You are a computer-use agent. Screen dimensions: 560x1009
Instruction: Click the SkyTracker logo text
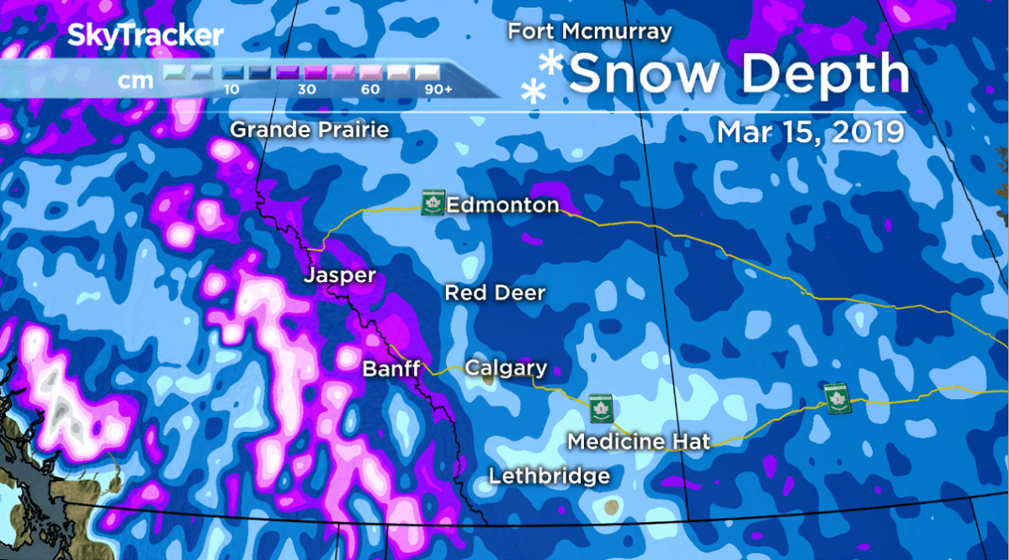(x=145, y=36)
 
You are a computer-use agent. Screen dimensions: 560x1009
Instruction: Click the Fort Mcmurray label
(x=589, y=32)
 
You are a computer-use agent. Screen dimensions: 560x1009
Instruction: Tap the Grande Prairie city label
(x=310, y=130)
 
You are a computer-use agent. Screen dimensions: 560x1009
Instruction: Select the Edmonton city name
(x=502, y=205)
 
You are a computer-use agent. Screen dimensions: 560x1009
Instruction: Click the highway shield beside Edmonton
(x=433, y=203)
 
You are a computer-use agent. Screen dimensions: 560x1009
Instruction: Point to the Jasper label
(x=339, y=276)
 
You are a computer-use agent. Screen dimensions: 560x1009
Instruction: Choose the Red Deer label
(x=495, y=293)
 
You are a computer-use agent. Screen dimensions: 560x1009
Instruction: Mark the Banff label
(x=390, y=369)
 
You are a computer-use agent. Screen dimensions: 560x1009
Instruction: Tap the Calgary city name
(x=506, y=368)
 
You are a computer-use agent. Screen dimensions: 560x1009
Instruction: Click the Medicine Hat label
(x=639, y=441)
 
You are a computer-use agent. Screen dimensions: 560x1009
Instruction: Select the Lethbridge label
(x=550, y=476)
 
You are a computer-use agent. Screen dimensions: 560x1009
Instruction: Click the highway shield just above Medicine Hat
(x=600, y=408)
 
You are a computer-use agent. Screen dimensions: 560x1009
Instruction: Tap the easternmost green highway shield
(x=837, y=397)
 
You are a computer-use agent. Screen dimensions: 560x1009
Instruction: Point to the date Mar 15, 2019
(x=810, y=132)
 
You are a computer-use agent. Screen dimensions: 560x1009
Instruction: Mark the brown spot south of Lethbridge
(x=610, y=507)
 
